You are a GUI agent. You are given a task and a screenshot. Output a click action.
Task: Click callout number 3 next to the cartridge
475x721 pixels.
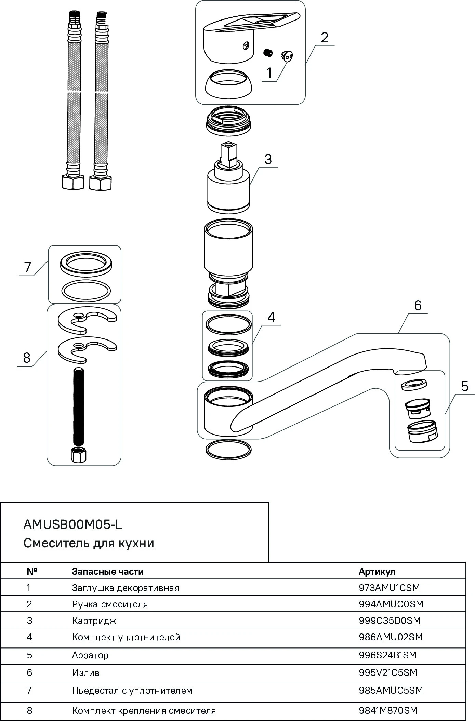click(268, 159)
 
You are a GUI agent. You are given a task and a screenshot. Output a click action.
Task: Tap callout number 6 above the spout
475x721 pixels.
click(418, 305)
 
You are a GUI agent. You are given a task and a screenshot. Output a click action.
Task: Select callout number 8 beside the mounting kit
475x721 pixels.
click(27, 358)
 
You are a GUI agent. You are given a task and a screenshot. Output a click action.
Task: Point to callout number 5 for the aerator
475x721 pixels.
click(464, 386)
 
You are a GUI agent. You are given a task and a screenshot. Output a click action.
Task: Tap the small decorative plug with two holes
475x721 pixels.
click(287, 56)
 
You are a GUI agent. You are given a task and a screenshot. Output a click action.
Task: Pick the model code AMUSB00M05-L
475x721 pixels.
click(72, 525)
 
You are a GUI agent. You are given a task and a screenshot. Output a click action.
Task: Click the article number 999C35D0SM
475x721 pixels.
click(390, 620)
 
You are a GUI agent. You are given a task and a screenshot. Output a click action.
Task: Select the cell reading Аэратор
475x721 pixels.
click(90, 655)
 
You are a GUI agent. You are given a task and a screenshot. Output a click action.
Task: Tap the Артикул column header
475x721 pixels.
click(377, 572)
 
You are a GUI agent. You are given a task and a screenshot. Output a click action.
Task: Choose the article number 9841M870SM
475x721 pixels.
click(388, 710)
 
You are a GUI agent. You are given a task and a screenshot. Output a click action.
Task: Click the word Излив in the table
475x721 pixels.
click(85, 672)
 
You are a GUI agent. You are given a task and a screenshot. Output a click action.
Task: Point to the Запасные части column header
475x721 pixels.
click(108, 572)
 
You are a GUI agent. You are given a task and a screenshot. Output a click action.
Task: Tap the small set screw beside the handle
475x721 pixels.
click(267, 52)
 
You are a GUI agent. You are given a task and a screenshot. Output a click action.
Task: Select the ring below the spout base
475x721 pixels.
click(228, 450)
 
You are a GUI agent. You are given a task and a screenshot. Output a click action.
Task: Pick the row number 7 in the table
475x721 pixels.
click(29, 690)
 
